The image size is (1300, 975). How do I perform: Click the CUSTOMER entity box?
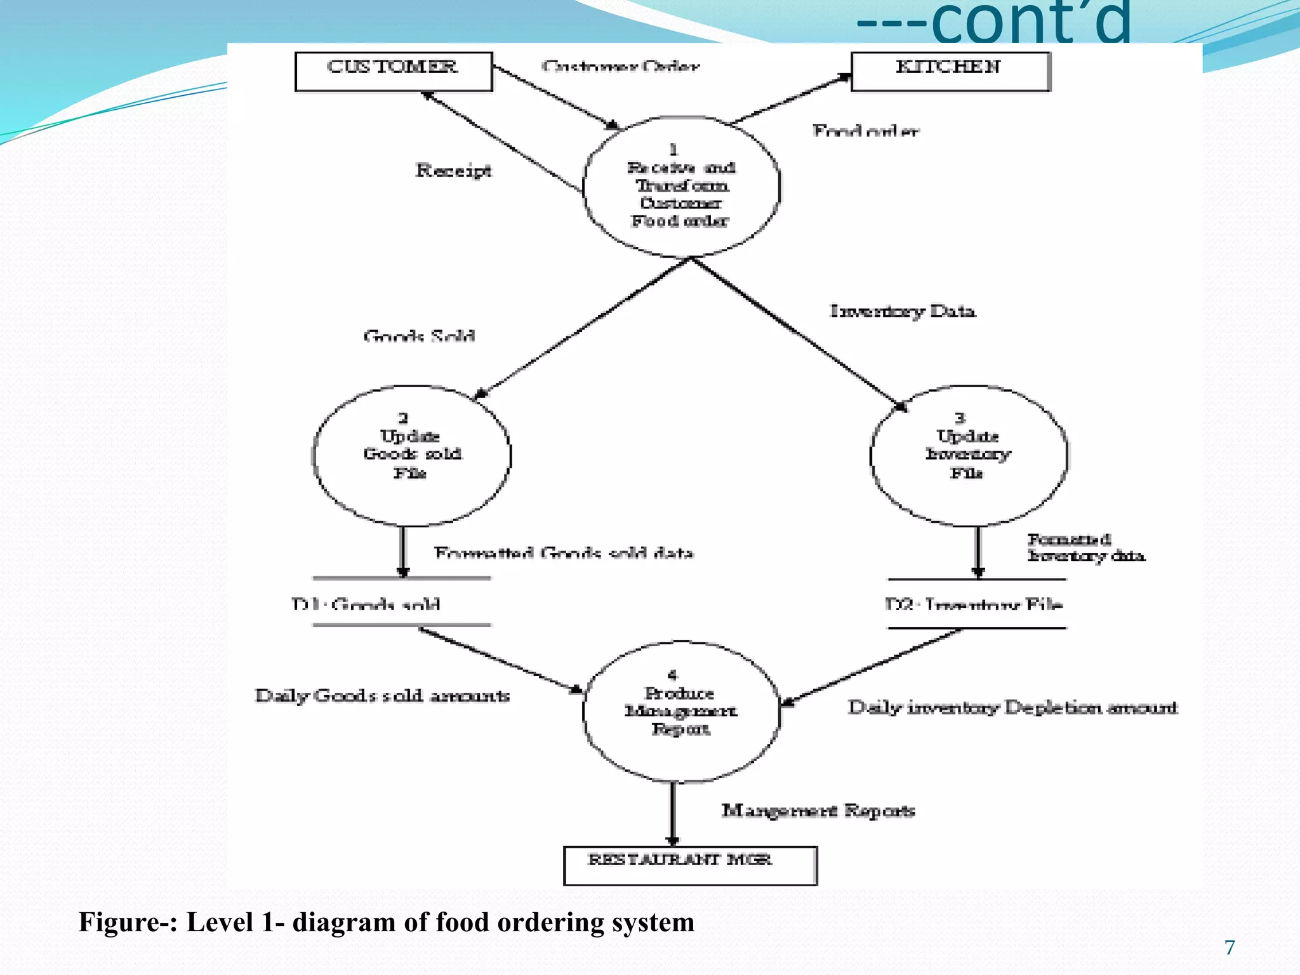point(394,71)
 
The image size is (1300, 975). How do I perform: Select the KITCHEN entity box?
point(950,71)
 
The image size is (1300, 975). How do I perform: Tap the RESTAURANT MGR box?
point(690,865)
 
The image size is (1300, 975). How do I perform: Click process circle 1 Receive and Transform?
point(681,187)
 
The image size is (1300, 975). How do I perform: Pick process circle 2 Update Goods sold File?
point(412,456)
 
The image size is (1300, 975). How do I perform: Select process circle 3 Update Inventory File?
point(969,456)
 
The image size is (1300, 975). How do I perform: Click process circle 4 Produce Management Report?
point(681,712)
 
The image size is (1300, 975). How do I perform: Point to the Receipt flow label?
point(453,170)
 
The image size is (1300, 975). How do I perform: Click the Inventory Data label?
point(903,311)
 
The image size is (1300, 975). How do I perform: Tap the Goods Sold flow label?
point(419,336)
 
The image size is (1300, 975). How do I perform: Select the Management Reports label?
point(818,811)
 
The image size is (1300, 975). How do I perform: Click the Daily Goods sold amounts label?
point(382,696)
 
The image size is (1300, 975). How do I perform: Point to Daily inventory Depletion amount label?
point(1012,707)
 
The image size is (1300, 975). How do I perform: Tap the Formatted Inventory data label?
point(1085,548)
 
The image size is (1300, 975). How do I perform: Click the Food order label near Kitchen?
point(865,131)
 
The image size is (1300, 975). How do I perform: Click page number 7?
point(1230,948)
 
